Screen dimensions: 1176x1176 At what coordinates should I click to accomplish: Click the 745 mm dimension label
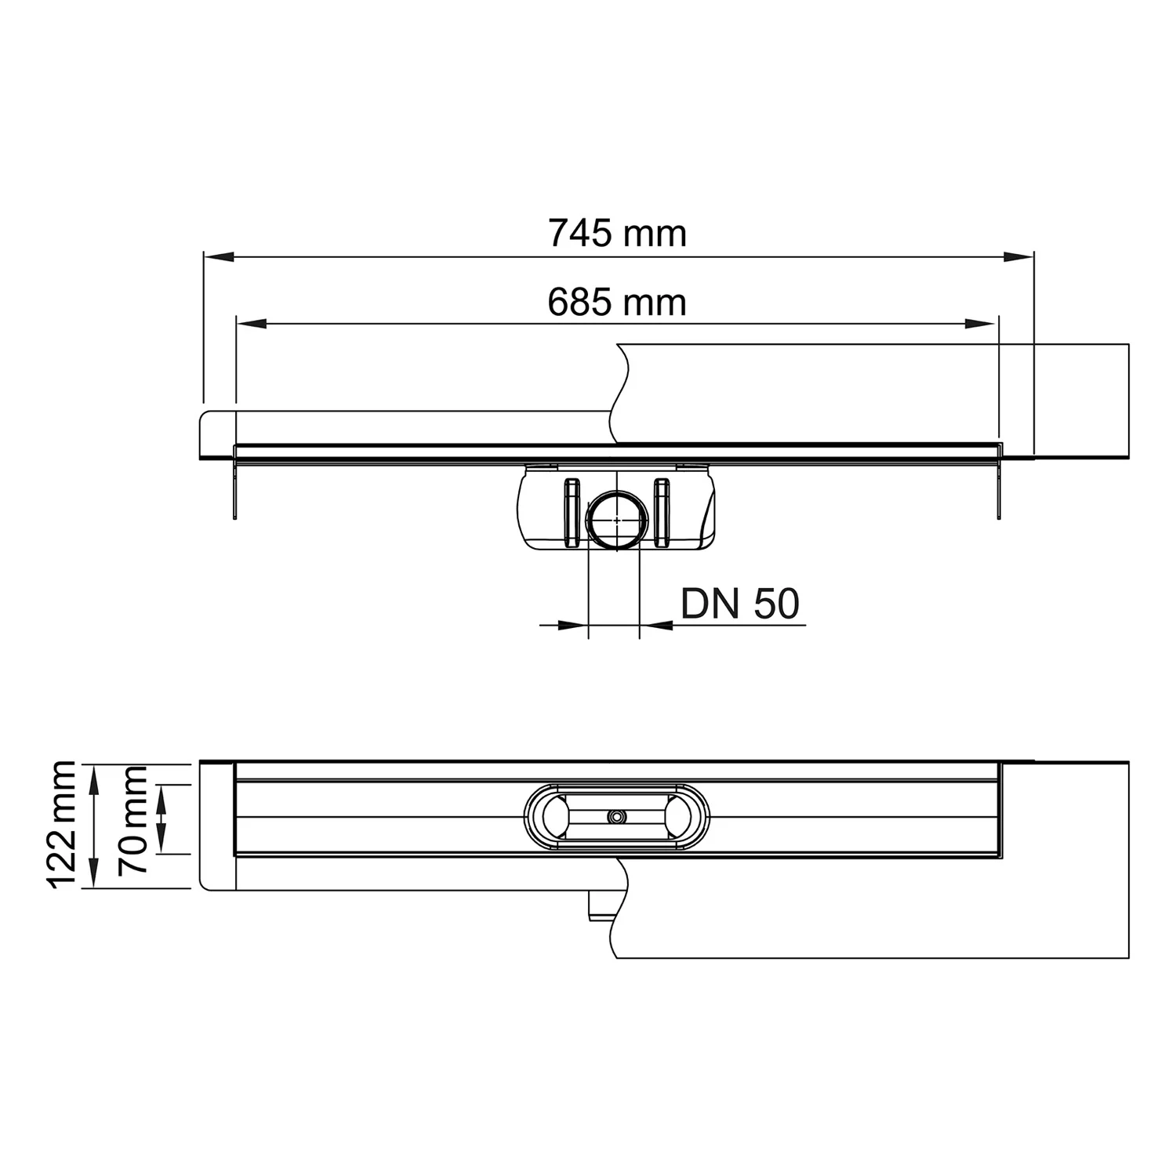pos(617,234)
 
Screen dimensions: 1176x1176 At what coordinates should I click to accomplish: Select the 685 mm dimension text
pos(617,303)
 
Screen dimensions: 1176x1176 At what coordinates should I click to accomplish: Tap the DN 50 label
pos(740,604)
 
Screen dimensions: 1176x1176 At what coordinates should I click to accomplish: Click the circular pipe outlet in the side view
pos(617,518)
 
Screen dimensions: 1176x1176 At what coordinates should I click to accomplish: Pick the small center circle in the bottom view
pos(617,817)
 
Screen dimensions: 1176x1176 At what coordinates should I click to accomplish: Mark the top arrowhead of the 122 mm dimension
pos(93,778)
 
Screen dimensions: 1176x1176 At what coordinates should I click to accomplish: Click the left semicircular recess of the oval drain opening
pos(551,817)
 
